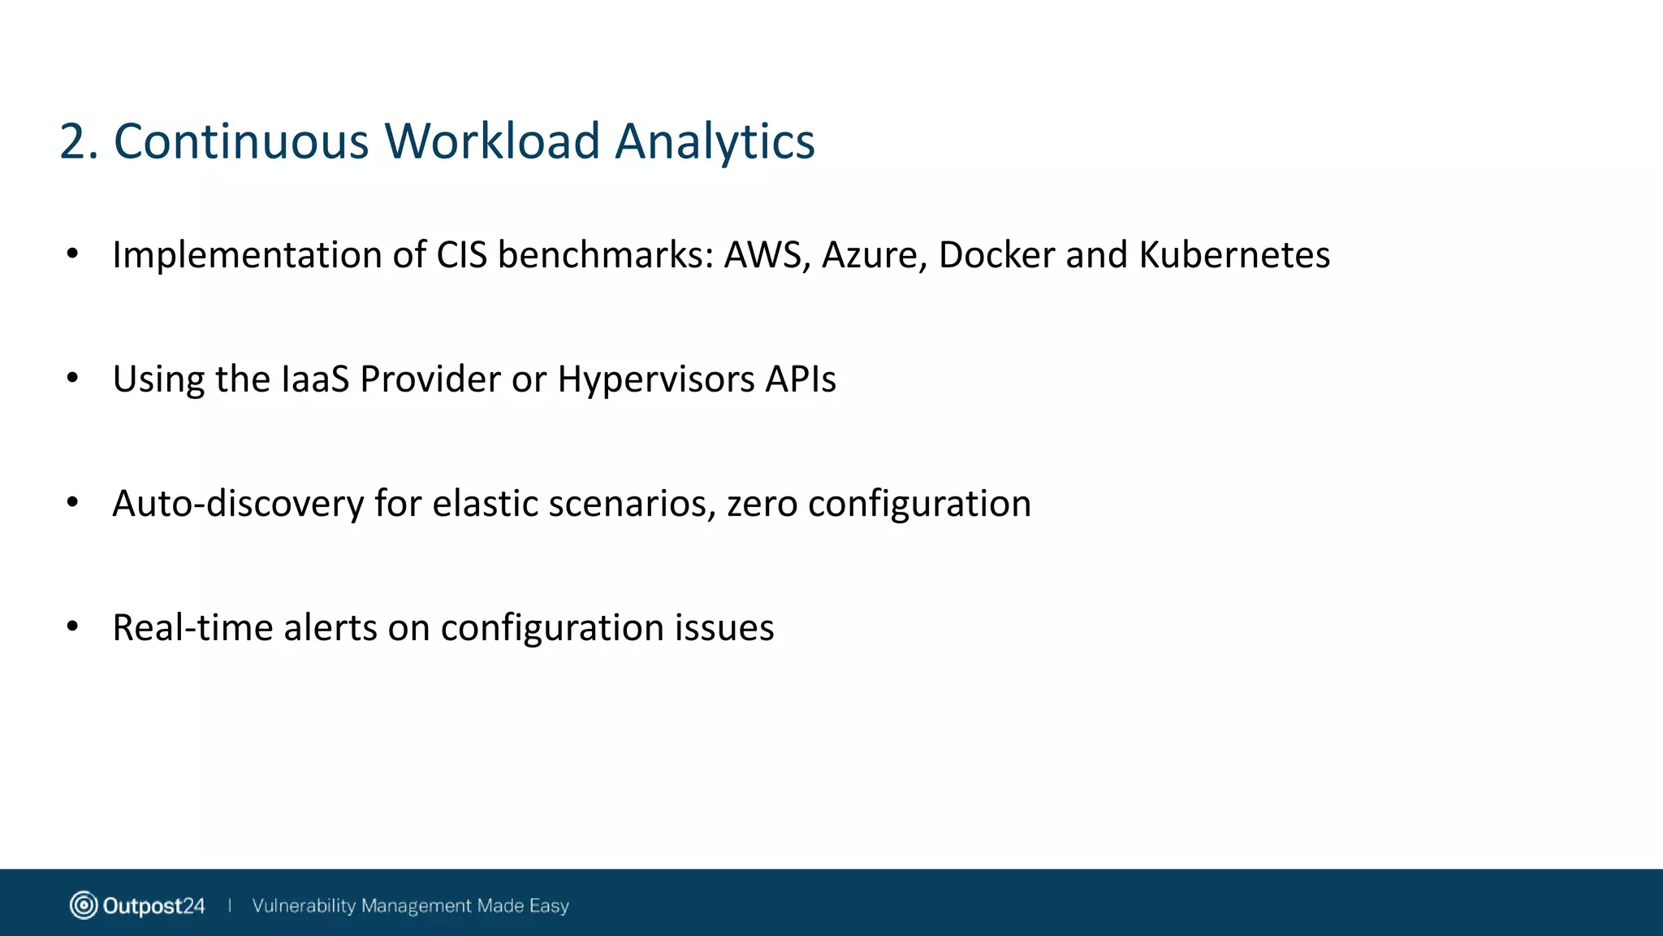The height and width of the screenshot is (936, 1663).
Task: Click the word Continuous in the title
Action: point(241,142)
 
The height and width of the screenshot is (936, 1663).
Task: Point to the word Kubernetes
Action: point(1234,255)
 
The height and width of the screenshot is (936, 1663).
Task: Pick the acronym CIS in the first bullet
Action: point(461,255)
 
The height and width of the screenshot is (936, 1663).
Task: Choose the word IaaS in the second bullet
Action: point(315,379)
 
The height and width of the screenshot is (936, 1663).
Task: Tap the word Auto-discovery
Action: point(238,505)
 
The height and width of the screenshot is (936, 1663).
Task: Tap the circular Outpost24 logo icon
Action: point(83,905)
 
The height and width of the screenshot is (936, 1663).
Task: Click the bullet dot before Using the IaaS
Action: point(72,378)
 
